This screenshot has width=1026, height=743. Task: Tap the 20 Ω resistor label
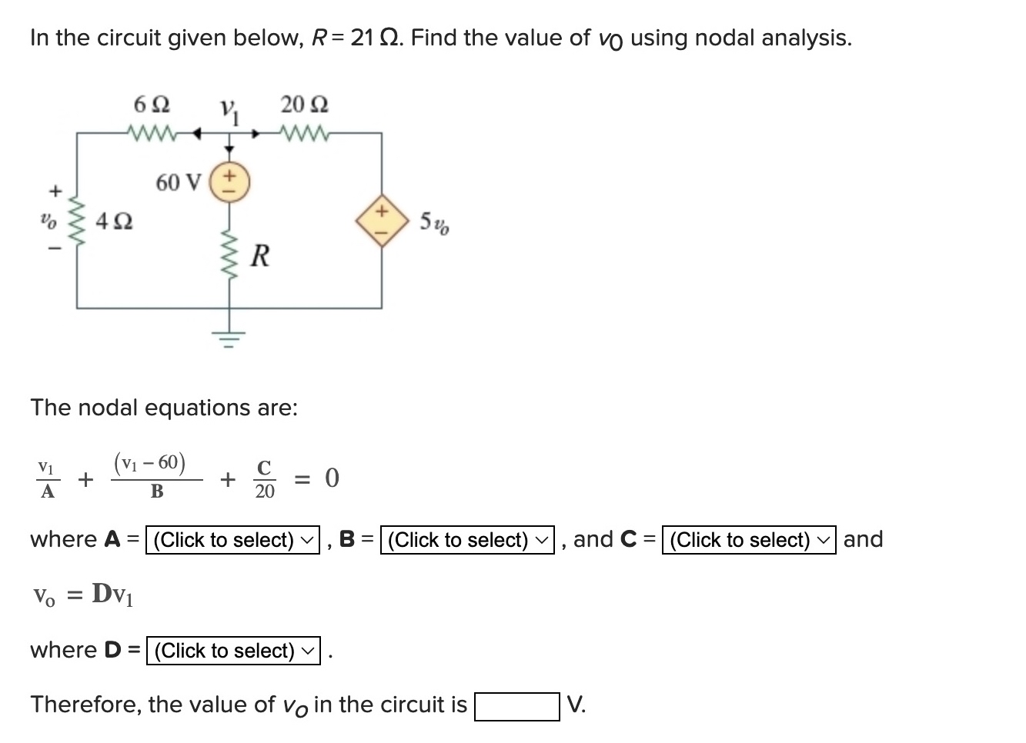click(x=304, y=104)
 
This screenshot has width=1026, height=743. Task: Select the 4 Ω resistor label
click(x=114, y=222)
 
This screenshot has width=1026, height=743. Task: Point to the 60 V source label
click(x=178, y=183)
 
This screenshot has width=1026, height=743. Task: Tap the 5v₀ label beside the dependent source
click(x=435, y=224)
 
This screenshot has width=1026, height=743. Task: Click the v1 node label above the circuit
click(x=229, y=114)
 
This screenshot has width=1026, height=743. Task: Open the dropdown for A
click(x=233, y=540)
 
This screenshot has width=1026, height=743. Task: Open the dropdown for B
click(x=468, y=540)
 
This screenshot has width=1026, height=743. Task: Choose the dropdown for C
click(x=749, y=540)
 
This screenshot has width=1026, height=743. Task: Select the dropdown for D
click(x=233, y=651)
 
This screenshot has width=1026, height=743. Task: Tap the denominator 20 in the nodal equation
click(x=264, y=491)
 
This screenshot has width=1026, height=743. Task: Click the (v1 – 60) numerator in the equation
click(x=149, y=462)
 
